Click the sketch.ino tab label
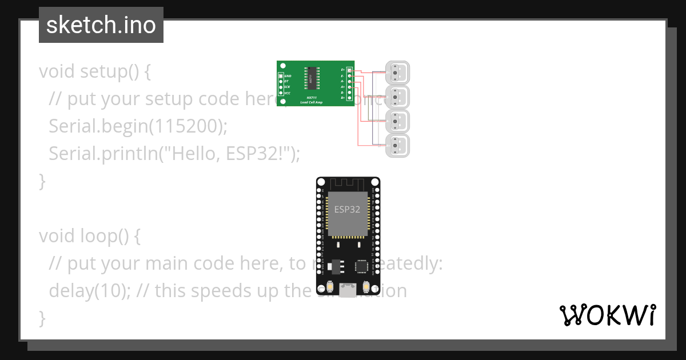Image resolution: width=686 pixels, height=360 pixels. click(x=101, y=25)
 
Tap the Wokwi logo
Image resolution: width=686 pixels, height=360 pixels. click(x=607, y=315)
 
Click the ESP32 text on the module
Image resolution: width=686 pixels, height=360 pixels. click(x=348, y=209)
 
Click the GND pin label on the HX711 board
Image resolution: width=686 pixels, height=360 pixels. click(x=288, y=75)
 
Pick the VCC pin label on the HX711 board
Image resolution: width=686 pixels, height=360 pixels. click(x=287, y=93)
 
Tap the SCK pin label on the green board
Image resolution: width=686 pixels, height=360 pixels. click(x=287, y=87)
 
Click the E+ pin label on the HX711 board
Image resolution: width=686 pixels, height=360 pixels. click(x=342, y=70)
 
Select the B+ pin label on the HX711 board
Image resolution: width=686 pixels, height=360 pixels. click(x=342, y=98)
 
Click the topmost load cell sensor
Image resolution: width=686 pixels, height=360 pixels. click(x=398, y=73)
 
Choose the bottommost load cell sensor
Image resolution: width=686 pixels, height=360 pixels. click(x=398, y=146)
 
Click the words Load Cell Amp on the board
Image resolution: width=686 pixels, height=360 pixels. click(x=312, y=102)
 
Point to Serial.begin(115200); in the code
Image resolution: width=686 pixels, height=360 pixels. click(x=138, y=126)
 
